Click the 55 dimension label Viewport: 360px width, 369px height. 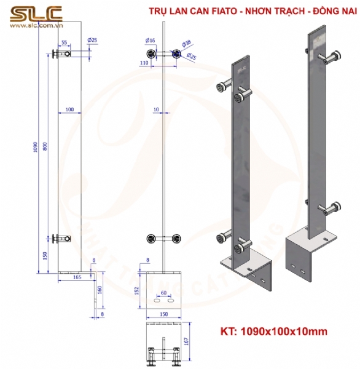[x=65, y=42]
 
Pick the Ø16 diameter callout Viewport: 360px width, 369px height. [x=149, y=40]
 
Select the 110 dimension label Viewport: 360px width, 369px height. [x=145, y=63]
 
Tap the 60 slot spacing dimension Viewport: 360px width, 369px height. [x=163, y=292]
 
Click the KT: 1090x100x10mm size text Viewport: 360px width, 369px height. [x=273, y=331]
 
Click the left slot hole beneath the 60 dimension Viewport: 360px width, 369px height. [x=157, y=301]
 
